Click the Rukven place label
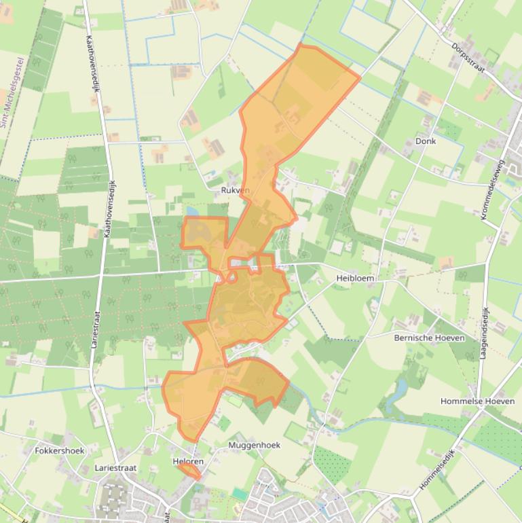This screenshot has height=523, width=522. tap(236, 191)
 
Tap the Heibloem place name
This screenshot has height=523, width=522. tap(355, 278)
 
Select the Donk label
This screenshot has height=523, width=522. tap(425, 141)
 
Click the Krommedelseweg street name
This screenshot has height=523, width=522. tap(492, 190)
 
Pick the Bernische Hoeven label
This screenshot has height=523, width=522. tap(430, 338)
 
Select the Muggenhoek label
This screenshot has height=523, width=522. tap(255, 445)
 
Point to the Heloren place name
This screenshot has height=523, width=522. tap(188, 462)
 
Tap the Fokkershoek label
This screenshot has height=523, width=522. tap(59, 450)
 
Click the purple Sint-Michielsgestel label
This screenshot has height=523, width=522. tap(13, 92)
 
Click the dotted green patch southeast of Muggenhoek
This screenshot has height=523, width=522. tap(332, 464)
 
